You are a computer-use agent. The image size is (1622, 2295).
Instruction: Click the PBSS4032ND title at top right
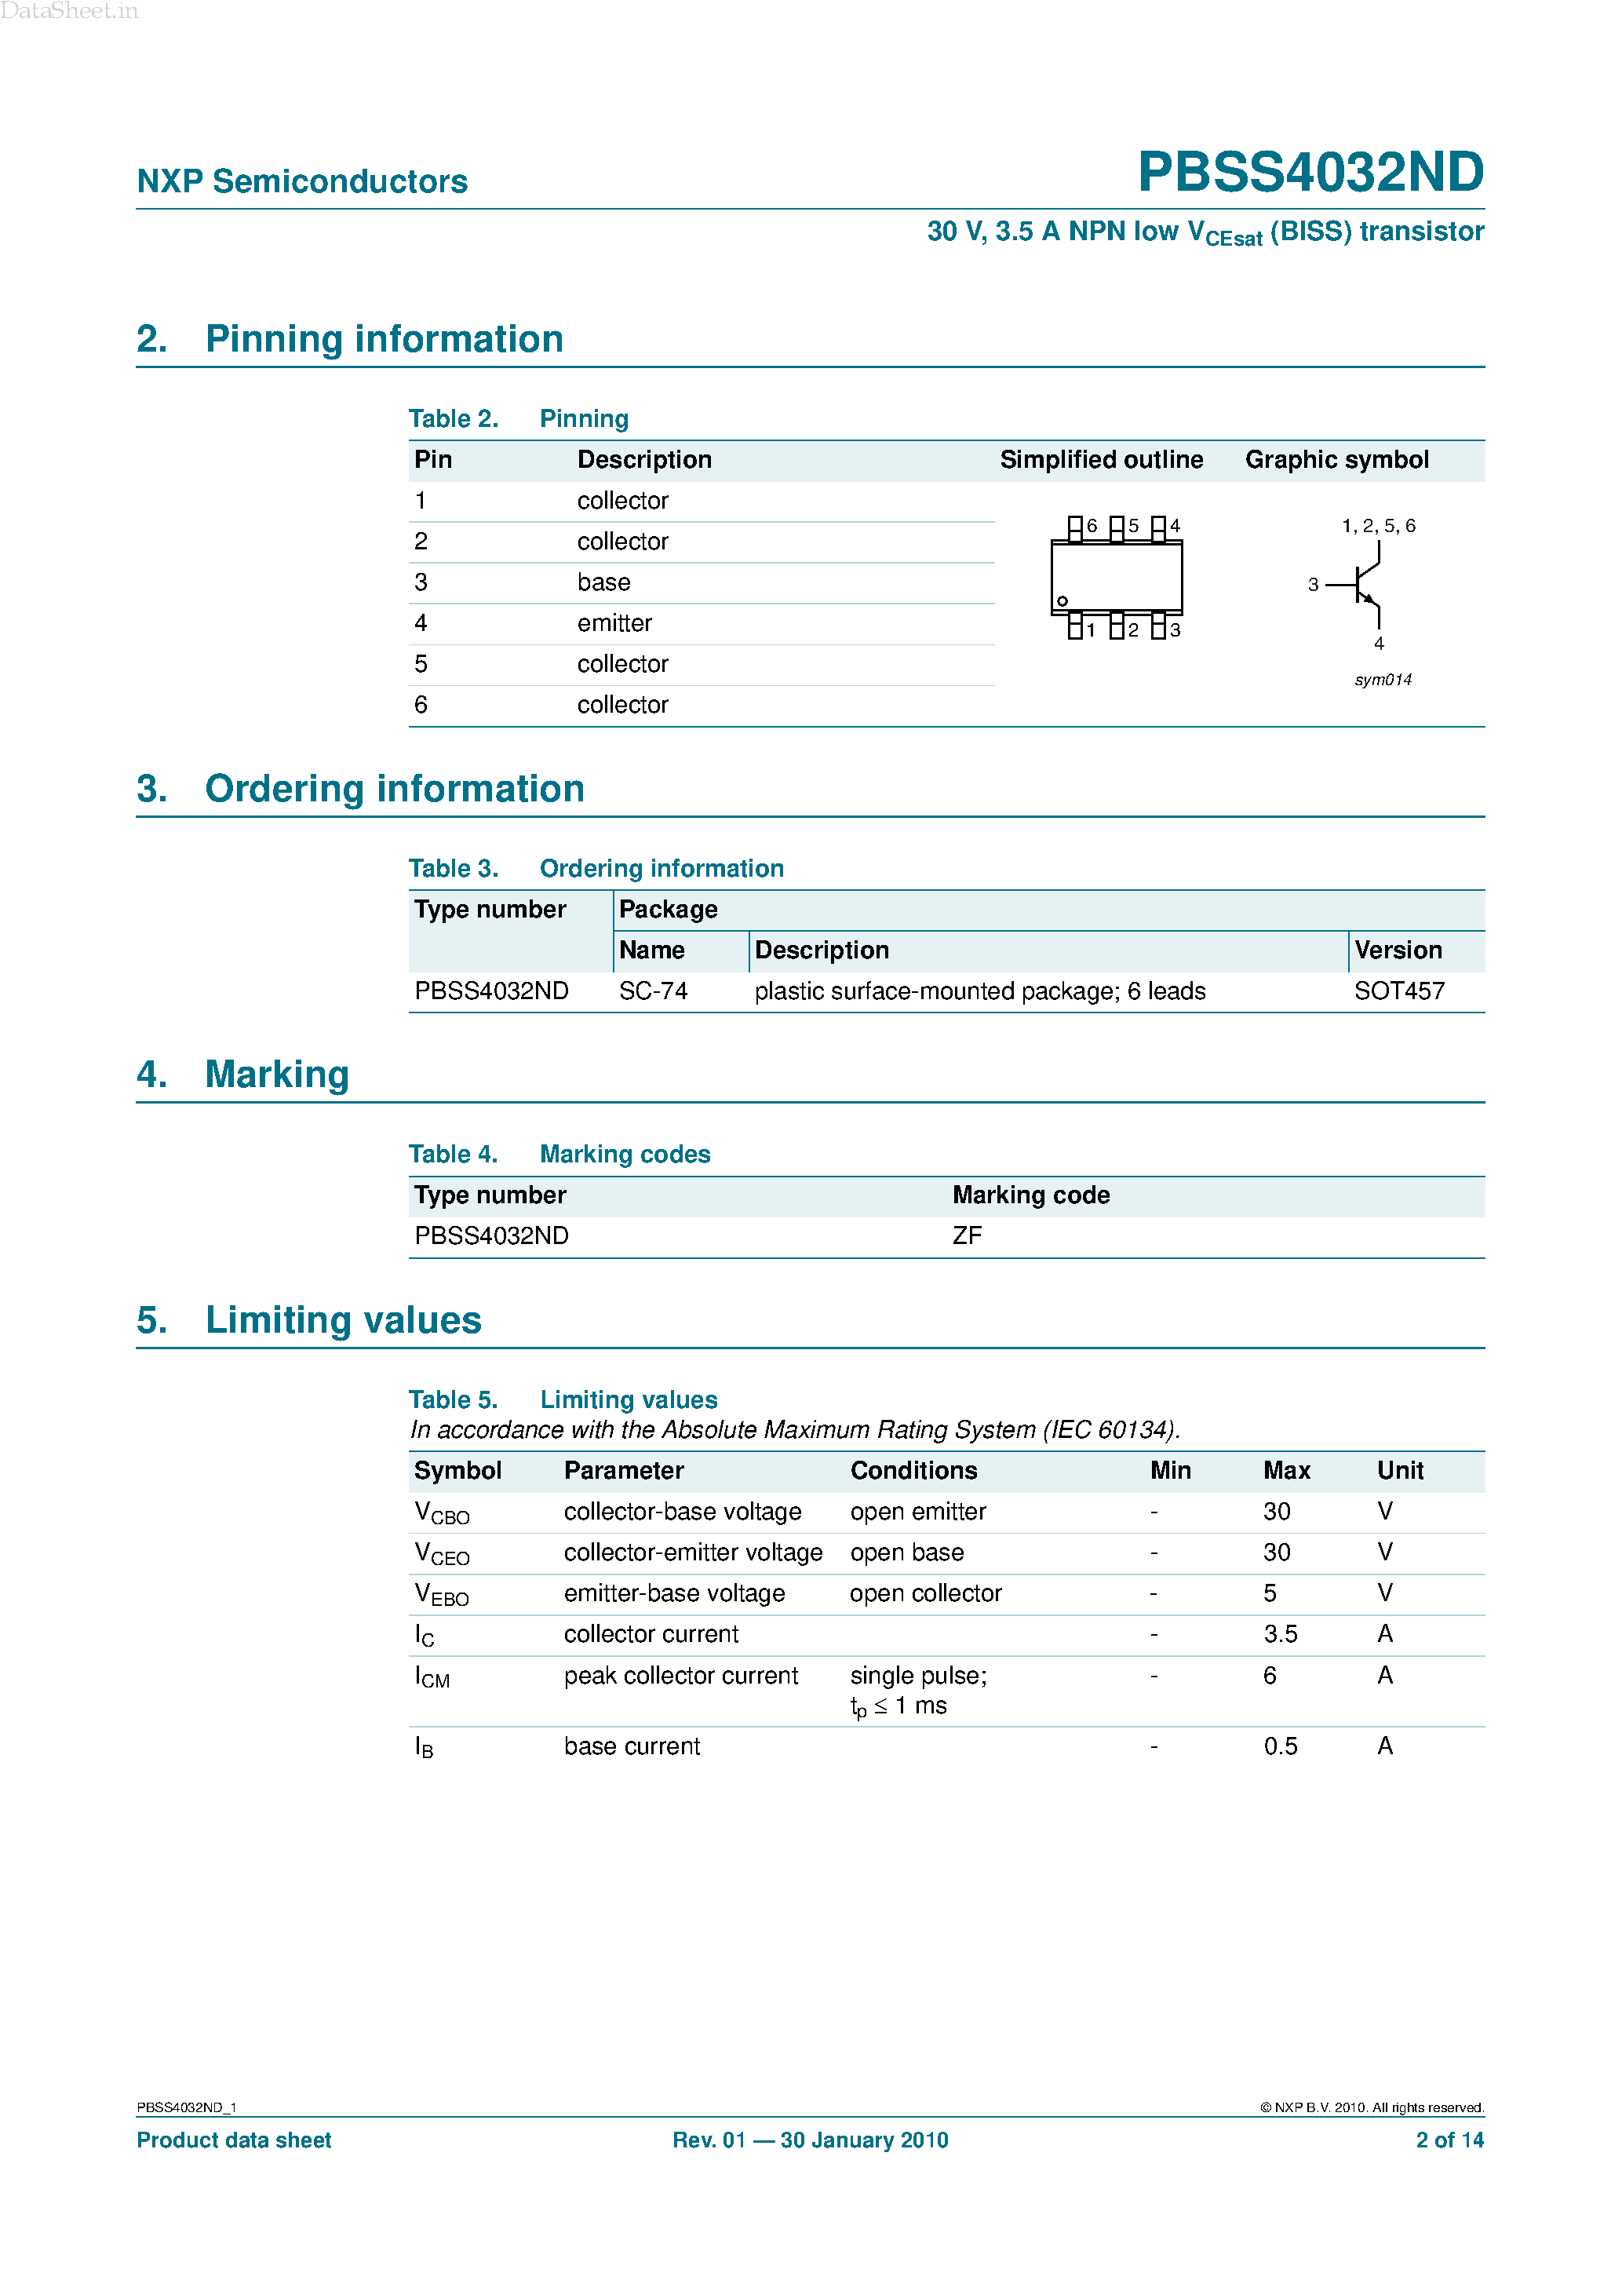1310,172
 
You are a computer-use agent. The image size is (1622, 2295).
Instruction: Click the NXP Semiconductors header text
302,181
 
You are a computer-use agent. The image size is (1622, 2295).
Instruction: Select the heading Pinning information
384,339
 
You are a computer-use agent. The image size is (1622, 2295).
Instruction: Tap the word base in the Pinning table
603,582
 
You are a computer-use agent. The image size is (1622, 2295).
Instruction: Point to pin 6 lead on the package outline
1075,527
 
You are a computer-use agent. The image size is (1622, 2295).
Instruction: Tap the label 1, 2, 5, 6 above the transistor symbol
1378,526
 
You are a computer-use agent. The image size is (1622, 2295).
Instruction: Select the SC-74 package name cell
653,991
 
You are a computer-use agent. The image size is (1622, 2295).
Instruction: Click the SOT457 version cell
1399,991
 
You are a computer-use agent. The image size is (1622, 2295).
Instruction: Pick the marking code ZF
967,1236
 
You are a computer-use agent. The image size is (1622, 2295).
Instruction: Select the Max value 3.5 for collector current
1280,1634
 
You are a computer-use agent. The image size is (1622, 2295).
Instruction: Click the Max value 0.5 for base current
1280,1746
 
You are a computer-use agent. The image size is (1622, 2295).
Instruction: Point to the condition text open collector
925,1593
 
